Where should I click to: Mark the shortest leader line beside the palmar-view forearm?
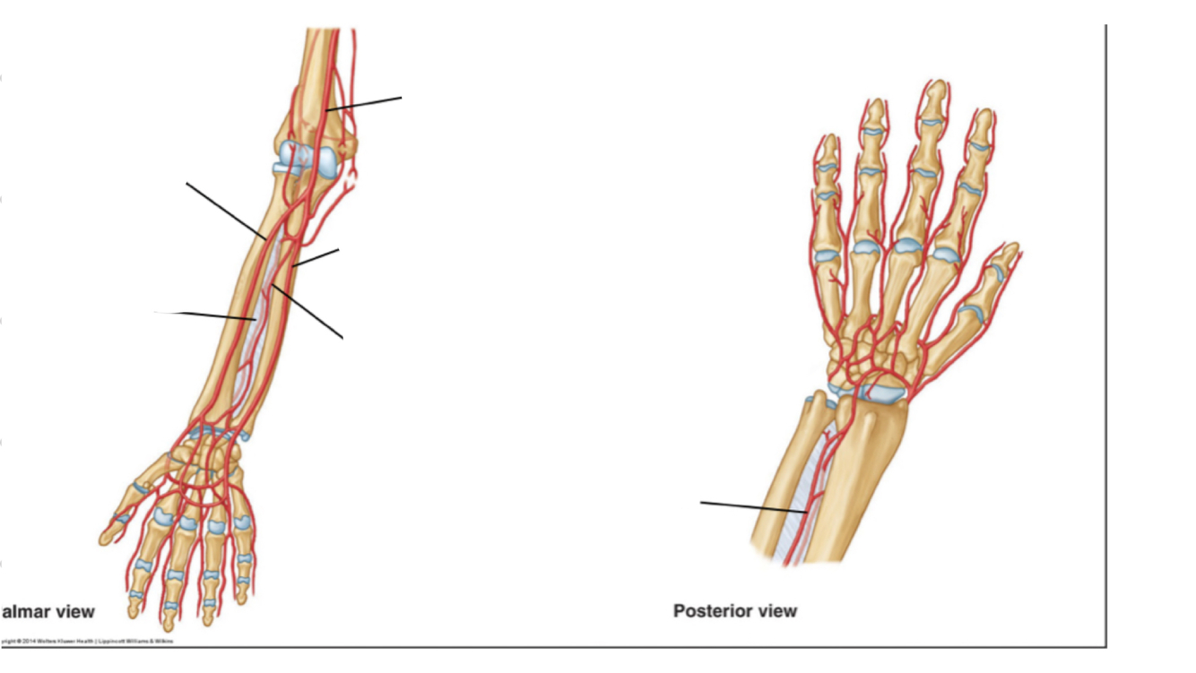click(x=316, y=257)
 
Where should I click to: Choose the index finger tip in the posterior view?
click(x=984, y=116)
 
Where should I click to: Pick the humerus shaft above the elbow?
click(x=315, y=63)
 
